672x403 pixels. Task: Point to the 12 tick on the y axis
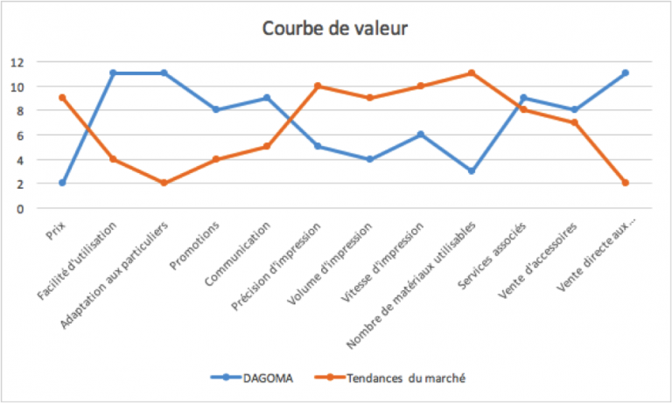17,62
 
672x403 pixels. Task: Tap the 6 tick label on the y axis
17,135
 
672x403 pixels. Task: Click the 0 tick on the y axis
17,208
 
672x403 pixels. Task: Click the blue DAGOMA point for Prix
62,183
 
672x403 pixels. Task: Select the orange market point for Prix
62,97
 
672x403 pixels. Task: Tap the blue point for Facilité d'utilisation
113,73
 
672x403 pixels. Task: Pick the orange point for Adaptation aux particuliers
164,183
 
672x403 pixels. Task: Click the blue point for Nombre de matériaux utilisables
472,170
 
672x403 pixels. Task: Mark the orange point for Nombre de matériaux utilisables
472,73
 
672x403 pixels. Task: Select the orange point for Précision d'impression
318,86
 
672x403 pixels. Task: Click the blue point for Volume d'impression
369,159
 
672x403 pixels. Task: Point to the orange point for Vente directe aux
626,183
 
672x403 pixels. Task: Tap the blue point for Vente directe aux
626,73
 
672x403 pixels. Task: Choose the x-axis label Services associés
500,245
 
